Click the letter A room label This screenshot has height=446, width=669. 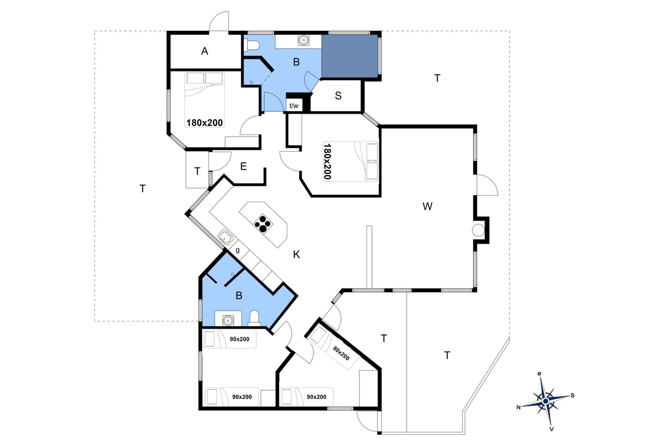coord(204,51)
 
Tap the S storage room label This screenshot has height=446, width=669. coord(338,96)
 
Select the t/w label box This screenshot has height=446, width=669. coord(294,105)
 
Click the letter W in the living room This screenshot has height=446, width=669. coord(427,206)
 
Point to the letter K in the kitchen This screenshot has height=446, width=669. coord(296,255)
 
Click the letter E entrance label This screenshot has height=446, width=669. coord(243,166)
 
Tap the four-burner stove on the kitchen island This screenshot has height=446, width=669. coord(263,224)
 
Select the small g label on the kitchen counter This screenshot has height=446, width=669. coord(237,250)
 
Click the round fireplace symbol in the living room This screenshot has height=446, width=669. coord(478,230)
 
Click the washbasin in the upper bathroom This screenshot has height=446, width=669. coord(303,40)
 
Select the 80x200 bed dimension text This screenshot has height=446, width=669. coord(341,353)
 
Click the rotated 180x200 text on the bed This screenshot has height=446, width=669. coord(327,161)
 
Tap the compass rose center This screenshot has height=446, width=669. coord(545,401)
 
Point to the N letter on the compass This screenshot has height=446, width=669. coord(518,407)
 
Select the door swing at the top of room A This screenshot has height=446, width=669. coord(219,21)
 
